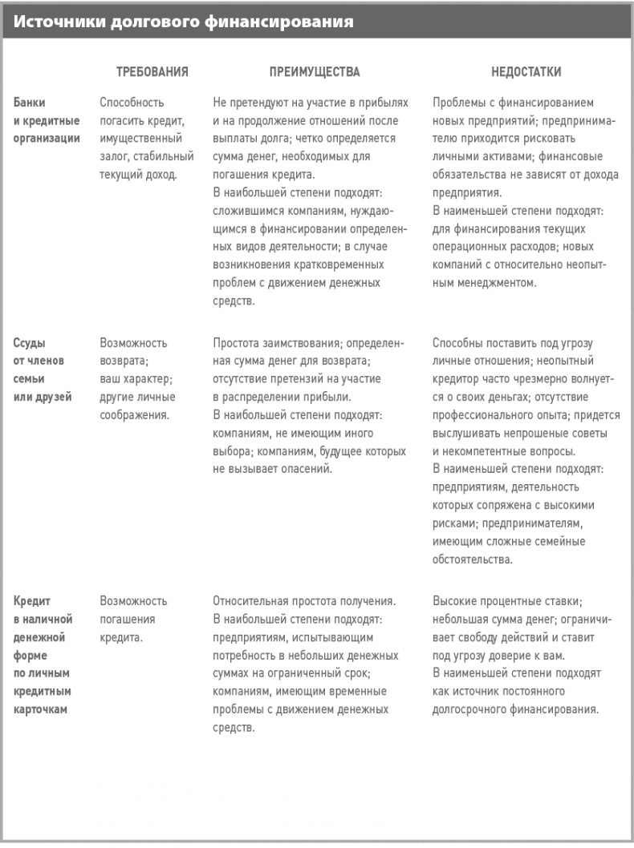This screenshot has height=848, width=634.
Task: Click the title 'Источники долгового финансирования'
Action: (184, 22)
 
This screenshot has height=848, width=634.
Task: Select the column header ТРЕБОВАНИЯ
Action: (152, 72)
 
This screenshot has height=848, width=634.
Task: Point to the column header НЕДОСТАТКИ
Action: (526, 72)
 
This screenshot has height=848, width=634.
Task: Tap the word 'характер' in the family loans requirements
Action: (147, 378)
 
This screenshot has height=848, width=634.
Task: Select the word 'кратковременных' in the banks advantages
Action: (343, 264)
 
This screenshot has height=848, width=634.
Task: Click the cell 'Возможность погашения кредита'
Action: (133, 619)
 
